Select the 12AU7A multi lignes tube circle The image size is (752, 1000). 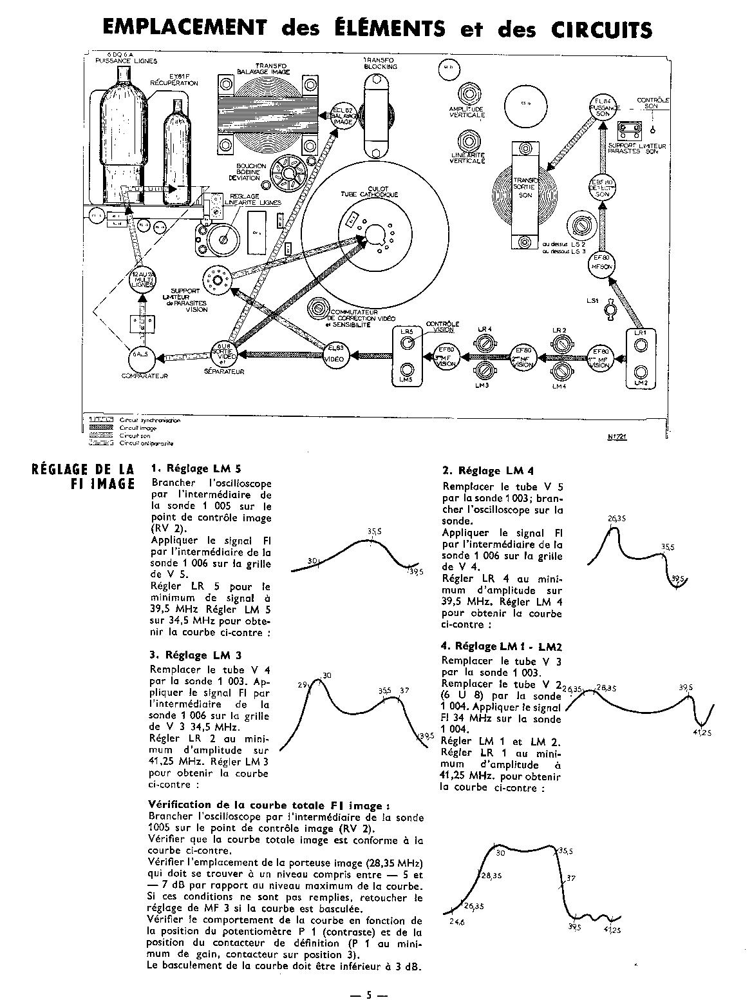(142, 280)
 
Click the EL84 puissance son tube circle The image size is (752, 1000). (603, 107)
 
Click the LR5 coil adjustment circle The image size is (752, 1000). (407, 342)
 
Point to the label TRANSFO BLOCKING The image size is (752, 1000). (381, 63)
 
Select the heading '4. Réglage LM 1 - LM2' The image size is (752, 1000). (502, 646)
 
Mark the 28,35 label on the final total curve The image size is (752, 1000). (490, 876)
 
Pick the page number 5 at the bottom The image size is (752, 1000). (370, 994)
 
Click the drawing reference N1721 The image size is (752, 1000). (617, 436)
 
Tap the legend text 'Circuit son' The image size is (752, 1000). (134, 435)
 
